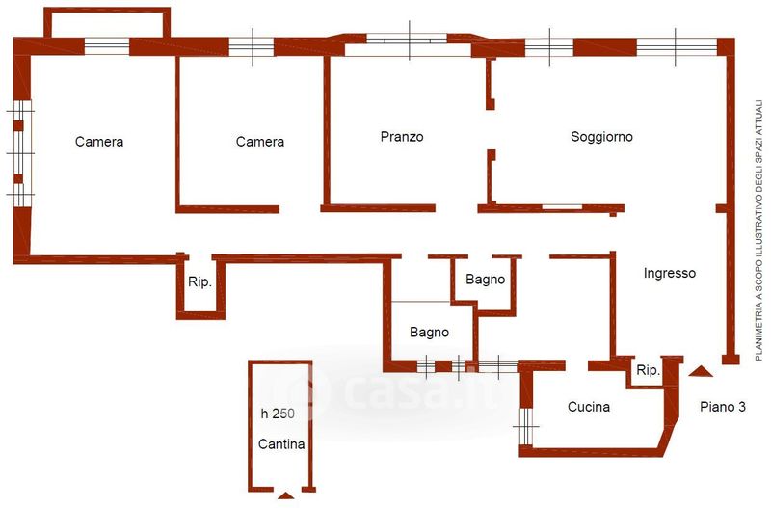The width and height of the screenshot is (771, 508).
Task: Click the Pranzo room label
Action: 402,137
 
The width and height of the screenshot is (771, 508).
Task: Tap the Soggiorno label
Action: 601,137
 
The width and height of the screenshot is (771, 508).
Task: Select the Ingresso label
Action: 670,273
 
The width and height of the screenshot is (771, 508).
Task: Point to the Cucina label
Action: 588,407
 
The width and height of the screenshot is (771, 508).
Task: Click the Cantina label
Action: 281,444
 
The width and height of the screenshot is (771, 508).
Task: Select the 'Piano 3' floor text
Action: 723,407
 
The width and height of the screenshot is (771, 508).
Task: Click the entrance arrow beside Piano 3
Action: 701,371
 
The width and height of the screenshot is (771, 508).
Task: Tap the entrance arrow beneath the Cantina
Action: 285,495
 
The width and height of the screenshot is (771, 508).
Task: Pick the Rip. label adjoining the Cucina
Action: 648,370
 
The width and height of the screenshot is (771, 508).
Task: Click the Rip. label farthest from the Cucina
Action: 199,282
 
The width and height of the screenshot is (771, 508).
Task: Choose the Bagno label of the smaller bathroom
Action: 485,281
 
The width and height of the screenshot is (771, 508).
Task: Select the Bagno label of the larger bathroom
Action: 429,333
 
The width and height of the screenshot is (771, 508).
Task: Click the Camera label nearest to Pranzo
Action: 260,142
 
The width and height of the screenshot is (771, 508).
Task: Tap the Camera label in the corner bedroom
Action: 99,142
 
